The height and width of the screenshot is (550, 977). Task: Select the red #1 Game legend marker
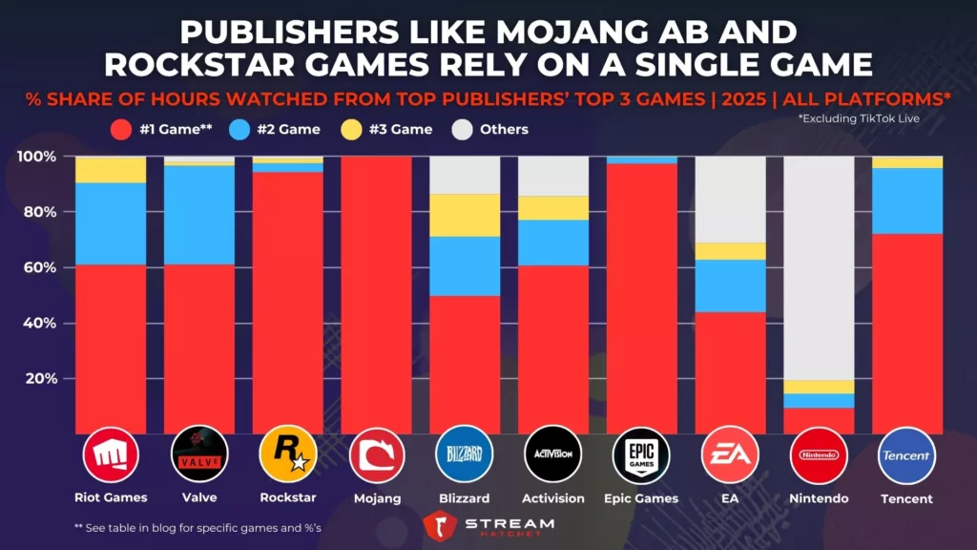click(x=121, y=129)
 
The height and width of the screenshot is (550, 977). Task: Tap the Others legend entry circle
click(x=465, y=129)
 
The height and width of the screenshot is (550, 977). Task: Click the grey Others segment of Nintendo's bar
click(x=819, y=267)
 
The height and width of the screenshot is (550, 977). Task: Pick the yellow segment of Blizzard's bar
click(x=465, y=215)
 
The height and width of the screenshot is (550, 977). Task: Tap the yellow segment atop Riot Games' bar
click(x=111, y=170)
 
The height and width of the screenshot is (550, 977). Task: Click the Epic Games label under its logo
click(x=641, y=498)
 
